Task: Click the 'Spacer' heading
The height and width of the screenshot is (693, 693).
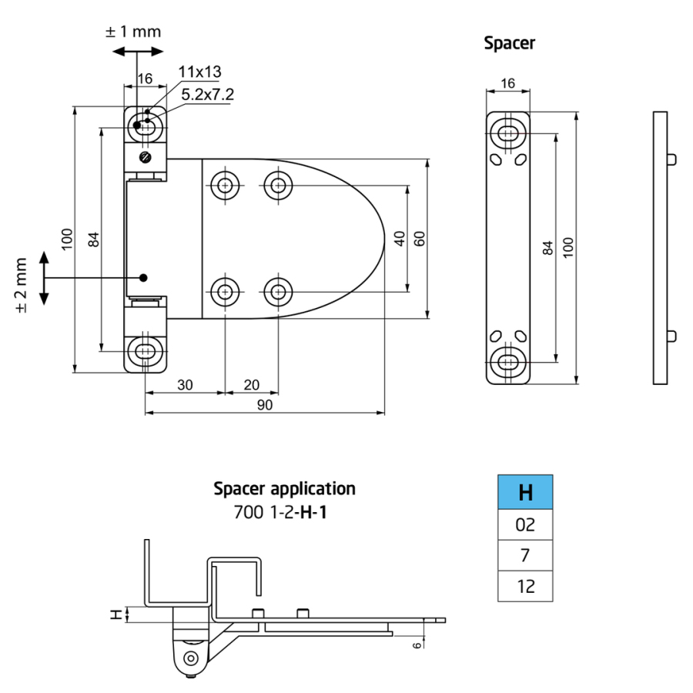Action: (509, 42)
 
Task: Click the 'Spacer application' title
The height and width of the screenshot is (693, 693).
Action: (284, 488)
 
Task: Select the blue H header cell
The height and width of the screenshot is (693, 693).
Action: (525, 492)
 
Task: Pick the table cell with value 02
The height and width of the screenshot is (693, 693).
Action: (525, 525)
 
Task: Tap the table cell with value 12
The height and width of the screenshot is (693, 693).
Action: (525, 586)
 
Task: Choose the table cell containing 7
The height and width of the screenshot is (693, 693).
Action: (525, 555)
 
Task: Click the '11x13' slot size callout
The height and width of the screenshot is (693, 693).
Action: (199, 72)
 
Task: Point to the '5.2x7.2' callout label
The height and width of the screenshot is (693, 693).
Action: (207, 95)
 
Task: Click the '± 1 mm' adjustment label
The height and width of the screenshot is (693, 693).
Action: (133, 32)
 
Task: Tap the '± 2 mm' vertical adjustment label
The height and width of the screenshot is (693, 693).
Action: (21, 285)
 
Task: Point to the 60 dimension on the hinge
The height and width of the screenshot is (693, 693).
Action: (419, 239)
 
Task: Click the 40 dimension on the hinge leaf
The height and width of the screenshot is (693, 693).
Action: (399, 239)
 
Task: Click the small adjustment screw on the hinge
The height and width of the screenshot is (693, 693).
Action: (146, 158)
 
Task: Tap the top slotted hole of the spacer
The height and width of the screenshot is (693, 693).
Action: (507, 133)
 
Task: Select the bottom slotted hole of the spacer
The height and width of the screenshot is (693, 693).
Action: (507, 360)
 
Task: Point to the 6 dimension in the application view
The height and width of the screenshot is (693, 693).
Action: (417, 645)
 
